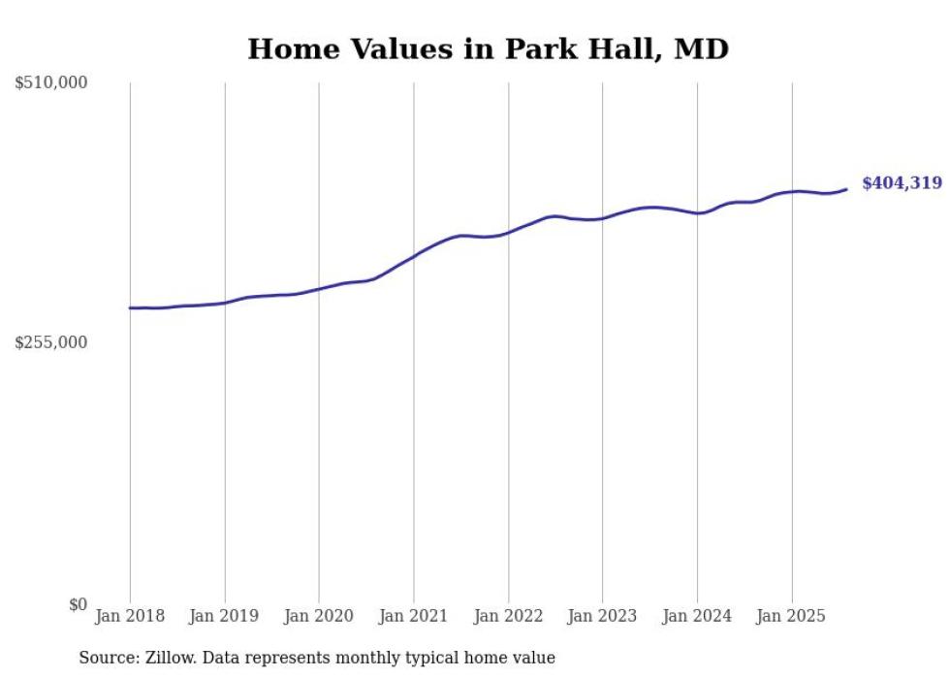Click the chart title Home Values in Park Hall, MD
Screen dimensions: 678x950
(488, 49)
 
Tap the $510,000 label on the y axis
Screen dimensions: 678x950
(51, 83)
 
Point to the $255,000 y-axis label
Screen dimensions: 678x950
(51, 342)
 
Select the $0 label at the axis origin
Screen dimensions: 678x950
(78, 604)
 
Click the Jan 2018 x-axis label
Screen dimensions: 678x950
(130, 616)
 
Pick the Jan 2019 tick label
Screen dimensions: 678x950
(225, 616)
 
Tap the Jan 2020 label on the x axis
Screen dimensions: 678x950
(319, 616)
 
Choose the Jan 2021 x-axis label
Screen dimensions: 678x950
(414, 616)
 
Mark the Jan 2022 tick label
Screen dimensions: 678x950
(508, 616)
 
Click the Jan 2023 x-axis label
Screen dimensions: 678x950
(603, 616)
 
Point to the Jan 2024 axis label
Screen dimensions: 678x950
(697, 616)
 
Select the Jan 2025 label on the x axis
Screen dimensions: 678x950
(792, 616)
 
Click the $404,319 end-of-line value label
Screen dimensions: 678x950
(902, 183)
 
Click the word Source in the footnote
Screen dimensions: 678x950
(105, 658)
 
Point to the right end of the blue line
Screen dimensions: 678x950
(847, 189)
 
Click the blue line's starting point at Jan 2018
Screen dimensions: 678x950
(130, 307)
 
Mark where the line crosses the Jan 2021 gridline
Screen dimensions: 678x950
(414, 256)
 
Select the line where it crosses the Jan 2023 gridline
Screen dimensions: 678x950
(603, 218)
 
